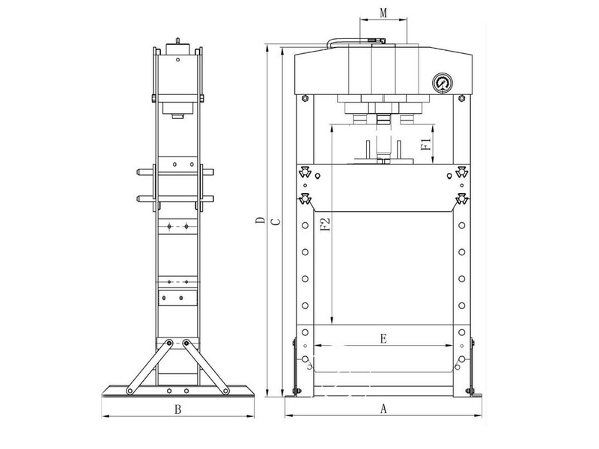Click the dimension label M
(383, 13)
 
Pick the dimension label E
(383, 338)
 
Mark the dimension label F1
(425, 144)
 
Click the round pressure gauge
(442, 82)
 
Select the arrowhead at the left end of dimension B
(103, 416)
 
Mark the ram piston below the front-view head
(383, 131)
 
